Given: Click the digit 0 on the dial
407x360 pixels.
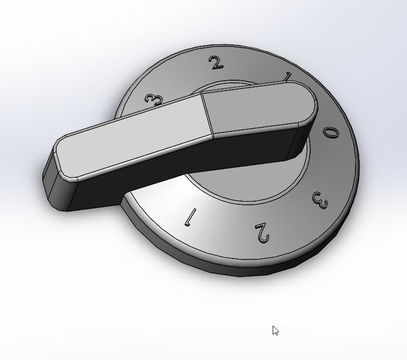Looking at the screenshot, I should click(x=332, y=133).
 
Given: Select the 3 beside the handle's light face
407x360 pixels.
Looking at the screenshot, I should click(x=153, y=100).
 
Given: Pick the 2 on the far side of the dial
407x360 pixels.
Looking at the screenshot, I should click(x=216, y=62).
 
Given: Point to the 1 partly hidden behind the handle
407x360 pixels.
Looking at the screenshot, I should click(x=288, y=77).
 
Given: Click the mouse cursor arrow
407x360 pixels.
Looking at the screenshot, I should click(x=275, y=330).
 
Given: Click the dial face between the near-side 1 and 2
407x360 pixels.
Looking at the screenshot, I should click(x=225, y=225).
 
